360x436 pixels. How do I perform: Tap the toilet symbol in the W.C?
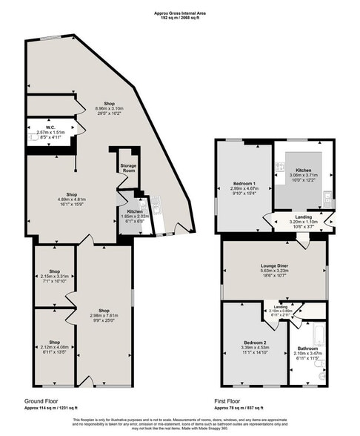[34, 137]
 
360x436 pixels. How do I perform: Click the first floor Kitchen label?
[301, 170]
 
